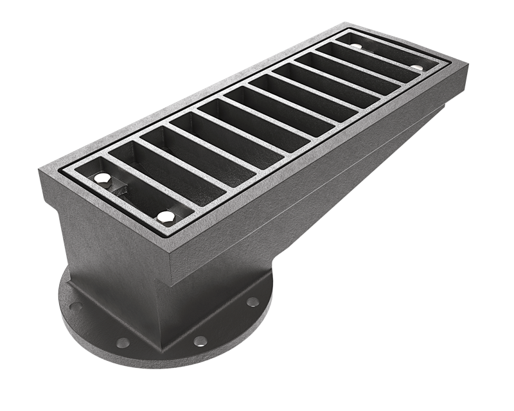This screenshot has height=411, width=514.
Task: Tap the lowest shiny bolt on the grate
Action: coord(166,216)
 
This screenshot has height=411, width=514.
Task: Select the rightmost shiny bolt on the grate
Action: coord(418,67)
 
